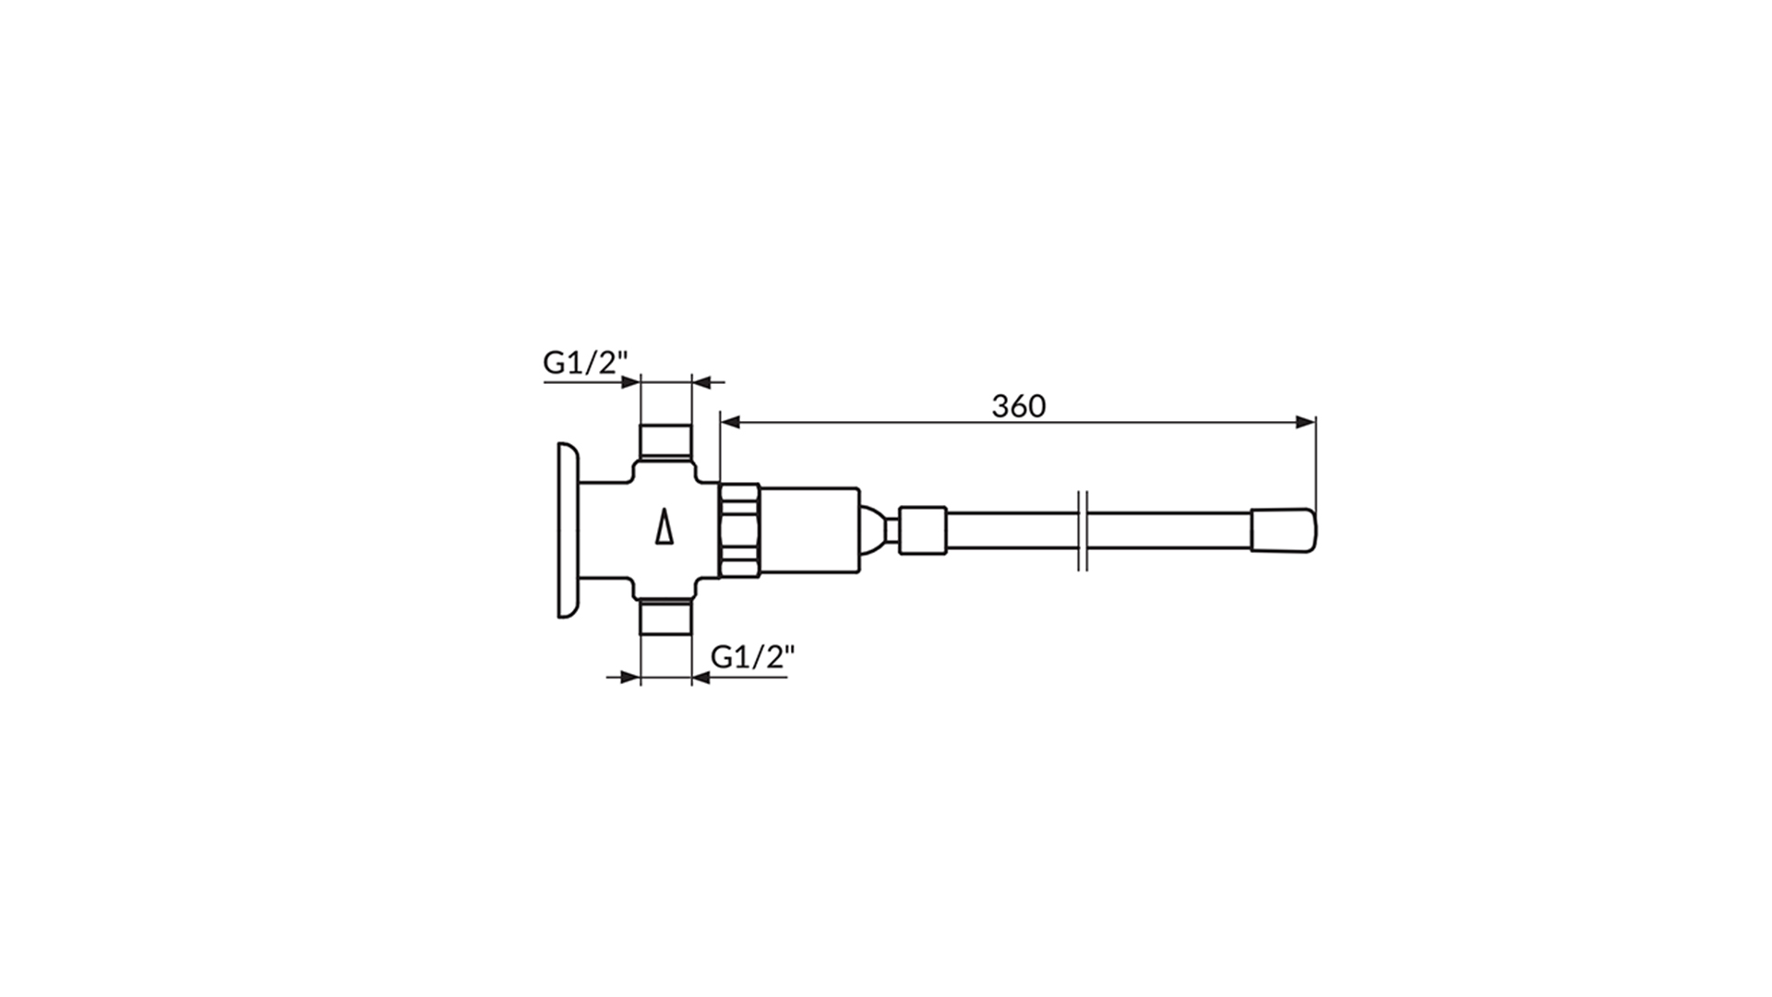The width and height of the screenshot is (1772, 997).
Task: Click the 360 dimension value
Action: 1019,406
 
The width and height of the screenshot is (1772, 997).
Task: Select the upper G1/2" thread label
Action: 585,363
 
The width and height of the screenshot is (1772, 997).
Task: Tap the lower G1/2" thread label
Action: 753,656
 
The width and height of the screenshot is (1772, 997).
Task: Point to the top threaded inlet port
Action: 665,442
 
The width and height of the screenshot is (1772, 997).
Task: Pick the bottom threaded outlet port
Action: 665,618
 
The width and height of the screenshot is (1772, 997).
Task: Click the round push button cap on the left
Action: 567,530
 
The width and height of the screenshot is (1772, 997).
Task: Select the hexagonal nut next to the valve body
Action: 739,530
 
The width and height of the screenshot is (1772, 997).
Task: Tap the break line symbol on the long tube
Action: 1084,530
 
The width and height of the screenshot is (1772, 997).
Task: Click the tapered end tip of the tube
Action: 1284,531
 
